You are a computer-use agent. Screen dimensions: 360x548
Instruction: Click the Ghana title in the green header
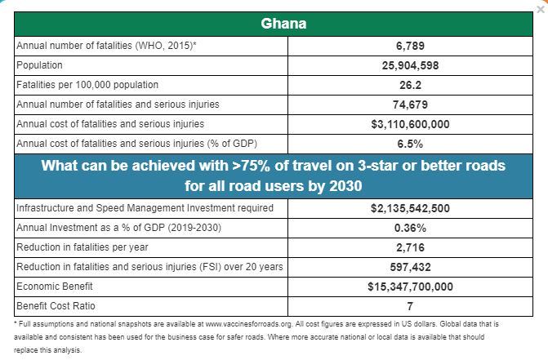283,23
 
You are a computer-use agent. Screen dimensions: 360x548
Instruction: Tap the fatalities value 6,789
409,46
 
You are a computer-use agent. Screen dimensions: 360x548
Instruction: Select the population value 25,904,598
409,65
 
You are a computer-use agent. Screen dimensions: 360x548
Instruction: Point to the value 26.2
409,85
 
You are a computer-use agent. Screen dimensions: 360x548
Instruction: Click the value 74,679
409,104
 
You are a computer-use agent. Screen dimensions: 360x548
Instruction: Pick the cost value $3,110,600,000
409,124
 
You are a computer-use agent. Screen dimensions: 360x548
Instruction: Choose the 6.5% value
409,144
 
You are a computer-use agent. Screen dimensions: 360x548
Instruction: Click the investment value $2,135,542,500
409,208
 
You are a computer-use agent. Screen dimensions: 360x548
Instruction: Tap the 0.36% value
409,228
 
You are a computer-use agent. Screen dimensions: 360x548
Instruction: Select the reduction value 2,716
409,247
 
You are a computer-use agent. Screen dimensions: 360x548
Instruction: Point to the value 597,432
409,267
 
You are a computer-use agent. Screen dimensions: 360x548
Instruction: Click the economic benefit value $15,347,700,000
409,287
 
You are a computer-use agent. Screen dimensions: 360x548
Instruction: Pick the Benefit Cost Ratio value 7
409,306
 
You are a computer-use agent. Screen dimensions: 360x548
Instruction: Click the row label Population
39,65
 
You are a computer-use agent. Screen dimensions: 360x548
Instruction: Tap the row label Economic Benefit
53,287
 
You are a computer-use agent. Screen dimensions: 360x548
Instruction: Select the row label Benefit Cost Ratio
55,306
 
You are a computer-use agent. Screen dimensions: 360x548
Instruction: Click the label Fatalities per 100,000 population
87,85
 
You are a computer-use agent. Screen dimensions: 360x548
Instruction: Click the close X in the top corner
541,7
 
